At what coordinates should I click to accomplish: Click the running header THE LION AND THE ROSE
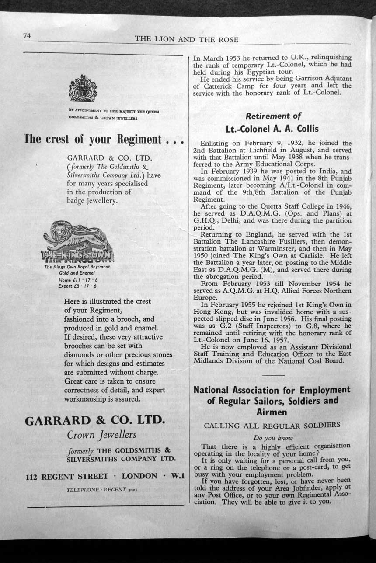click(187, 39)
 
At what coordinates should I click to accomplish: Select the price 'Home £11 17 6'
click(72, 280)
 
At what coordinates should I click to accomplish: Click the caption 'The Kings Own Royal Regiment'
click(77, 267)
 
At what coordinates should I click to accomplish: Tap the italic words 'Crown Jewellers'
click(101, 435)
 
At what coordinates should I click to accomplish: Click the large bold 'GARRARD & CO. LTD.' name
click(95, 421)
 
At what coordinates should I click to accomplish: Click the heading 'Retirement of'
click(273, 116)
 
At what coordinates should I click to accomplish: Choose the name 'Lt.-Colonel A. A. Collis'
click(272, 129)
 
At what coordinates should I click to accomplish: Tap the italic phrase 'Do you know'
click(273, 438)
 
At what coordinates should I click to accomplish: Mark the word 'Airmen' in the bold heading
click(272, 412)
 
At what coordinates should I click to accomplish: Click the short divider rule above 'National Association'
click(274, 375)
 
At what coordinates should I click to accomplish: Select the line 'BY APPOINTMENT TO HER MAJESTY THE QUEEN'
click(113, 111)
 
